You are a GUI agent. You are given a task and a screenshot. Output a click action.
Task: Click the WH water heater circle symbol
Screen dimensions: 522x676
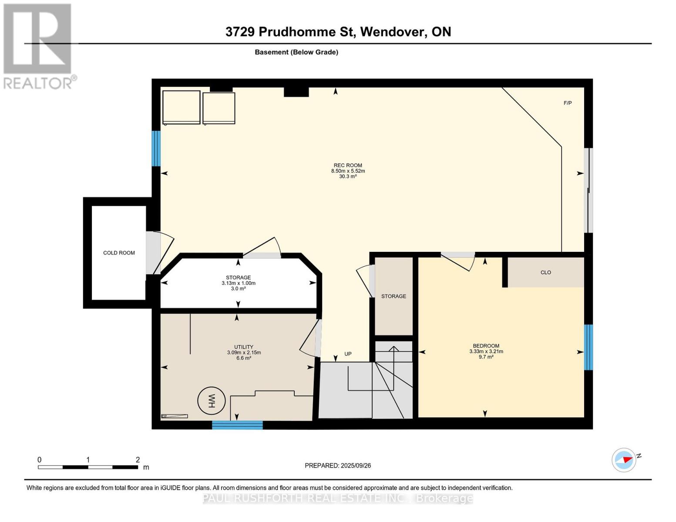click(212, 401)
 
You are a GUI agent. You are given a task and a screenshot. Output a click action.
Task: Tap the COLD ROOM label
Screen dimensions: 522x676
click(119, 253)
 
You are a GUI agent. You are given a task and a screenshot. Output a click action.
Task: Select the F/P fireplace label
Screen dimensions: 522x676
click(568, 103)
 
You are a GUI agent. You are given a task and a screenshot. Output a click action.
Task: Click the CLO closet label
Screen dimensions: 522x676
click(545, 272)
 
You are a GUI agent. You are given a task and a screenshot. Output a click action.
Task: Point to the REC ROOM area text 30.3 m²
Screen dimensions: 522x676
click(348, 177)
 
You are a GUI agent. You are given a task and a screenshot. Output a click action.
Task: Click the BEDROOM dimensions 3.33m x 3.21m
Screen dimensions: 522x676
click(486, 351)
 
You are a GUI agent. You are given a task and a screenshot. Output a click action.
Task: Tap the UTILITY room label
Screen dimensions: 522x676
click(244, 347)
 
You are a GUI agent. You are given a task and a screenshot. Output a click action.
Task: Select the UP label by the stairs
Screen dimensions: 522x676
click(348, 354)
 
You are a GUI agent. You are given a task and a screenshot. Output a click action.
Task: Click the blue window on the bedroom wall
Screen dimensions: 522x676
click(588, 347)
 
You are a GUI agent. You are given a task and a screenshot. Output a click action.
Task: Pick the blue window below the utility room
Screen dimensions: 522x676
click(237, 425)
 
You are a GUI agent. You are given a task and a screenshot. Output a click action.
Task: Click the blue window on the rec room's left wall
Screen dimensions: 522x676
click(156, 148)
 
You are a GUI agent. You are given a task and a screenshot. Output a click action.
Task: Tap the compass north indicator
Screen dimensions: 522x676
click(624, 460)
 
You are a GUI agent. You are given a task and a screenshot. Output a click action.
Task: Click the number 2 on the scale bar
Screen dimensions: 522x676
click(138, 460)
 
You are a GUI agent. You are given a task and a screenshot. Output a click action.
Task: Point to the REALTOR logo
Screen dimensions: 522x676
click(38, 46)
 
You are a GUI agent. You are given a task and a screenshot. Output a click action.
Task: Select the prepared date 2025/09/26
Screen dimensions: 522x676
click(356, 465)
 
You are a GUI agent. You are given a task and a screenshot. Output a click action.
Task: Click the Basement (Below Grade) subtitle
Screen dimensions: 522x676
click(296, 52)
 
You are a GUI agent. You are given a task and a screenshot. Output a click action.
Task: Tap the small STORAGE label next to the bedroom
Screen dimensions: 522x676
click(393, 296)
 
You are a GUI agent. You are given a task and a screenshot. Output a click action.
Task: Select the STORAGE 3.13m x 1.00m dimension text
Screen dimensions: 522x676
click(238, 283)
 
